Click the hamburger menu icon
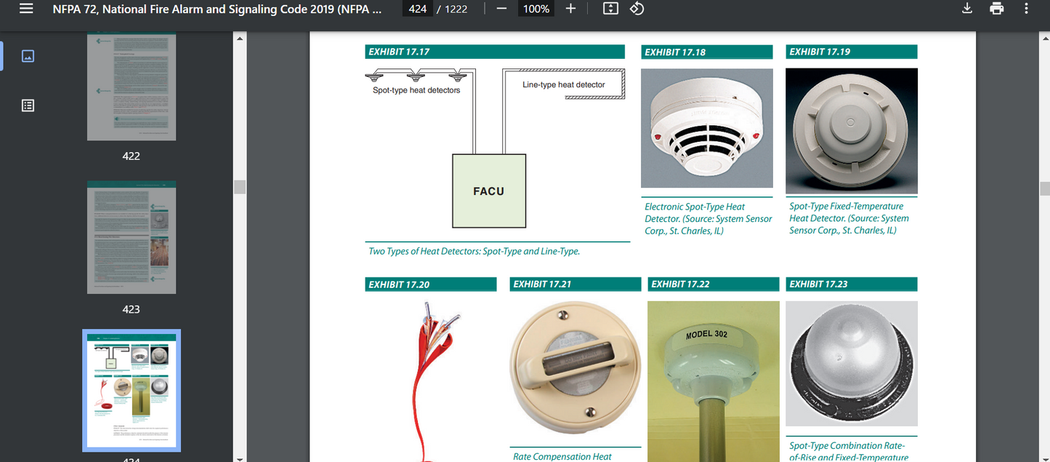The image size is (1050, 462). pos(26,9)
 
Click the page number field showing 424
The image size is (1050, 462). pos(418,9)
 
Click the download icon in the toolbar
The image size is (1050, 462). pos(966,9)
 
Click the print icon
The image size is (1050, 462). pos(996,9)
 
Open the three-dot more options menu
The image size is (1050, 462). pos(1026,9)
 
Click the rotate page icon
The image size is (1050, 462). pos(637,9)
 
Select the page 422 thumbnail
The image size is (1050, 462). pos(132,87)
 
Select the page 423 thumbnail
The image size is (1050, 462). pos(132,237)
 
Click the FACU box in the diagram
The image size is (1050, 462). pos(488,191)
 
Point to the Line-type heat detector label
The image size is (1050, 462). pos(563,85)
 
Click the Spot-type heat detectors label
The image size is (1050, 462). pos(416,90)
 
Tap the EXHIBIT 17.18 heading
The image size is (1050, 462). pos(675,52)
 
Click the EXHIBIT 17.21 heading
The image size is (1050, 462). pos(542,284)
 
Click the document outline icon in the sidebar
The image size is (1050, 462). pos(28,105)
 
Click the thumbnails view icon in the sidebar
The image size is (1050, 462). pos(28,56)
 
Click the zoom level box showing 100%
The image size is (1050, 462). pos(536,9)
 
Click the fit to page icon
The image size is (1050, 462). pos(610,9)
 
